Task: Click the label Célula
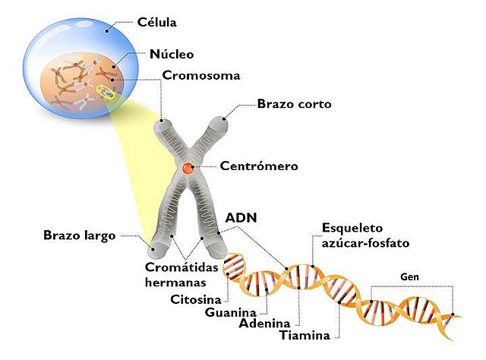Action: (156, 23)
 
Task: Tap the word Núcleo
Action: (172, 54)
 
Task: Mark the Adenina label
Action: (265, 324)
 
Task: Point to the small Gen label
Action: (411, 276)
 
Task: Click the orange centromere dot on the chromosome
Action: (187, 166)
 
